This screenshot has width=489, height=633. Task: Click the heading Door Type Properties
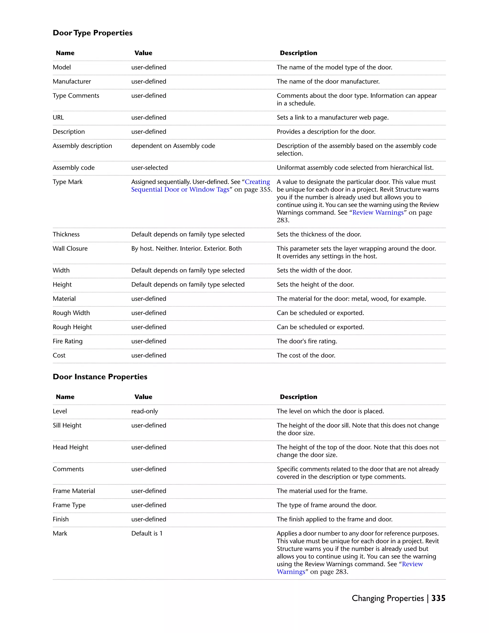[92, 33]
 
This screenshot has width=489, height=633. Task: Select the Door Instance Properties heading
[100, 376]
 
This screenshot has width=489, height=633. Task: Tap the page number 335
[438, 598]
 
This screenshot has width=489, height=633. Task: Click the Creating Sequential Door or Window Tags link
[201, 186]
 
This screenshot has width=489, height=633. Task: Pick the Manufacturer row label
[72, 81]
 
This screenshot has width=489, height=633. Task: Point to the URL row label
[58, 117]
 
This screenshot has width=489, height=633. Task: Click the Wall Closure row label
[70, 248]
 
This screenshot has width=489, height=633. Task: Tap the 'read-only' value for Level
[144, 411]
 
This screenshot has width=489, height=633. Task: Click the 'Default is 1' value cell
[147, 533]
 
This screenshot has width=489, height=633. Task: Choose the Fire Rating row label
[68, 341]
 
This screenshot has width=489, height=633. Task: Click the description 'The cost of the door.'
[306, 355]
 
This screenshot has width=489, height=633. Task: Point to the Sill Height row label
[67, 425]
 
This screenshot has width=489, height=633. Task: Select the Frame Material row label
[74, 491]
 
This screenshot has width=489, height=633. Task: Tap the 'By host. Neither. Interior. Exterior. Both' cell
[186, 248]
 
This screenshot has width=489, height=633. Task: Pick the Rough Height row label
[72, 327]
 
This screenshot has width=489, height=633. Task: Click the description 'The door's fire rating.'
[307, 341]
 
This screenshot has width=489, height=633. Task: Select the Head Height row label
[70, 447]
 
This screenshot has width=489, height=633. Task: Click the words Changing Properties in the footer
[388, 598]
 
